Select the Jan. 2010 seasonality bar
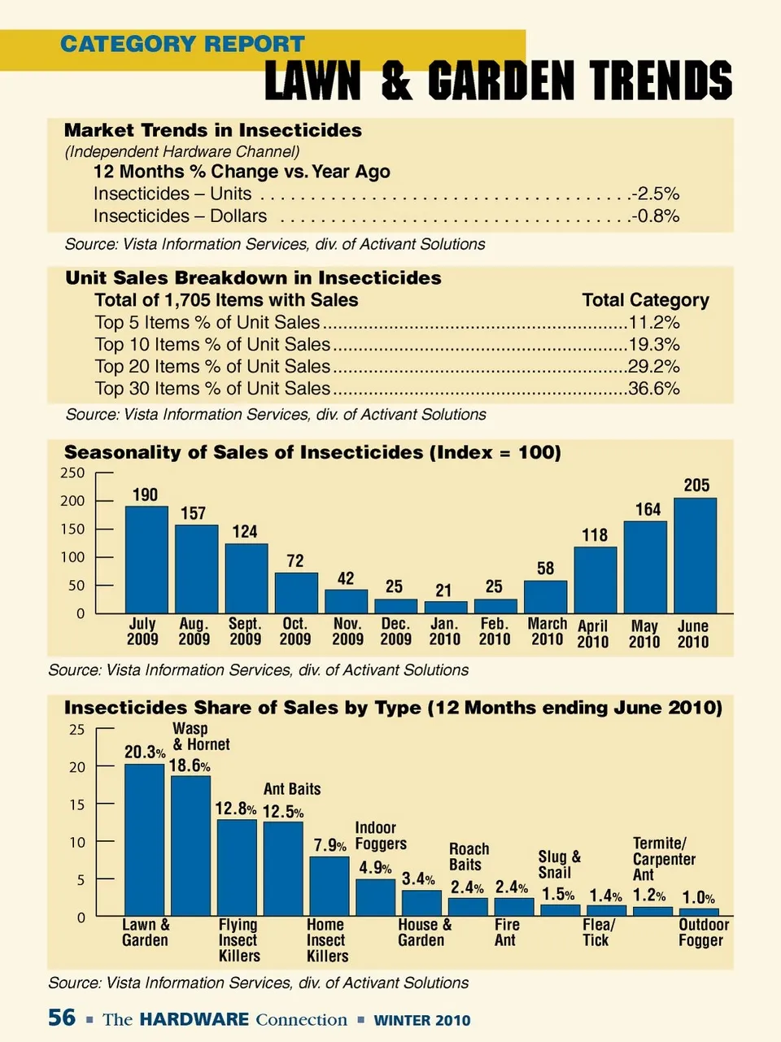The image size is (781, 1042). pyautogui.click(x=446, y=607)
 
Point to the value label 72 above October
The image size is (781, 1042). pyautogui.click(x=295, y=561)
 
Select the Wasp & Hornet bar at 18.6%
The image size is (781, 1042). pyautogui.click(x=190, y=846)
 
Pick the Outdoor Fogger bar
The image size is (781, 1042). pyautogui.click(x=699, y=912)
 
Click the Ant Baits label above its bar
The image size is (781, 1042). pyautogui.click(x=292, y=789)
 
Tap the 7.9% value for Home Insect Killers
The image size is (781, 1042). pyautogui.click(x=329, y=846)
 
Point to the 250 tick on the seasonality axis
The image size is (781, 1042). pyautogui.click(x=72, y=473)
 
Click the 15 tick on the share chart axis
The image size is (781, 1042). pyautogui.click(x=76, y=804)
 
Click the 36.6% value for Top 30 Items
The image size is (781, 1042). pyautogui.click(x=654, y=388)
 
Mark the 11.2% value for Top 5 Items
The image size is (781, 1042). pyautogui.click(x=654, y=322)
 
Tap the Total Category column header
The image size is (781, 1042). pyautogui.click(x=645, y=300)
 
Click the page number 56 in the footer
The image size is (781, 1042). pyautogui.click(x=62, y=1018)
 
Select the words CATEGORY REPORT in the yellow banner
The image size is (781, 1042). pyautogui.click(x=182, y=44)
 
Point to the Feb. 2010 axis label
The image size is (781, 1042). pyautogui.click(x=495, y=631)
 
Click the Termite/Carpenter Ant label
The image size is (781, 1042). pyautogui.click(x=664, y=859)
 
